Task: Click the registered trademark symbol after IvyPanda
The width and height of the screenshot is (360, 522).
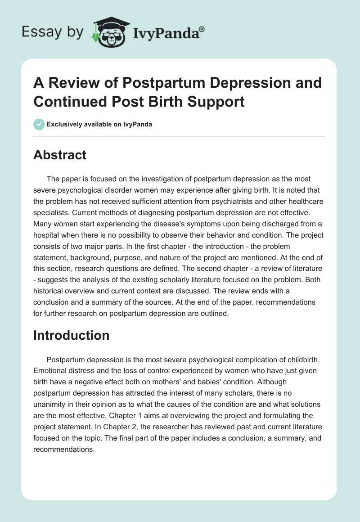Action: coord(202,29)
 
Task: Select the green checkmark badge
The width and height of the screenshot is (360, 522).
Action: coord(39,124)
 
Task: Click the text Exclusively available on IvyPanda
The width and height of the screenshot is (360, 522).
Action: coord(99,124)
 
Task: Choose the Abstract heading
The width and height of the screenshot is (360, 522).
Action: coord(60,155)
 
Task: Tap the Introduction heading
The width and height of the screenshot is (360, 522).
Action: coord(71,335)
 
